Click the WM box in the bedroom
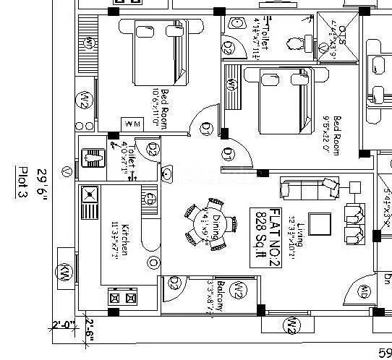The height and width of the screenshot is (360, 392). pyautogui.click(x=132, y=125)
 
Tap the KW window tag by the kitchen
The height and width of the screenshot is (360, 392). pyautogui.click(x=64, y=273)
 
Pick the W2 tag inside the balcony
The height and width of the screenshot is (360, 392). pyautogui.click(x=237, y=291)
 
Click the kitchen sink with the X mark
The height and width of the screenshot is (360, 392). pyautogui.click(x=89, y=194)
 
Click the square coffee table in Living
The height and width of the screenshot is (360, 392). pyautogui.click(x=317, y=221)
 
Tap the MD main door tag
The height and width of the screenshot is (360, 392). pyautogui.click(x=364, y=292)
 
